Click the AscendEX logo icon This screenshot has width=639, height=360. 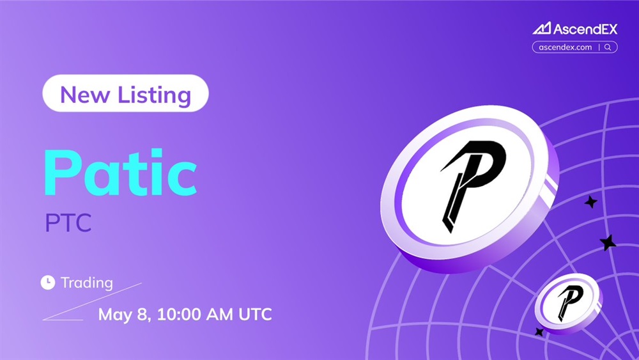542,28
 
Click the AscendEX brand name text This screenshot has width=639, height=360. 585,29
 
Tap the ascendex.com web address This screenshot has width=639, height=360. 566,47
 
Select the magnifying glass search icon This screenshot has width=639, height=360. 608,47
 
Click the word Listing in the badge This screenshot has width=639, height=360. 155,95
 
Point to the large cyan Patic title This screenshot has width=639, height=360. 120,173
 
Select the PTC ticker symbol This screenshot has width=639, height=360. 68,223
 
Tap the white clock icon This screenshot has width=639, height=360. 48,282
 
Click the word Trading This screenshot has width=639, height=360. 87,283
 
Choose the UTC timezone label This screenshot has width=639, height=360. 255,315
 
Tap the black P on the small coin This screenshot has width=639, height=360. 570,302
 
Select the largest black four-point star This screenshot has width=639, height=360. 608,242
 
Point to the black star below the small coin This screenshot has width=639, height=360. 539,332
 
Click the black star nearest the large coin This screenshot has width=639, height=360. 591,202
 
